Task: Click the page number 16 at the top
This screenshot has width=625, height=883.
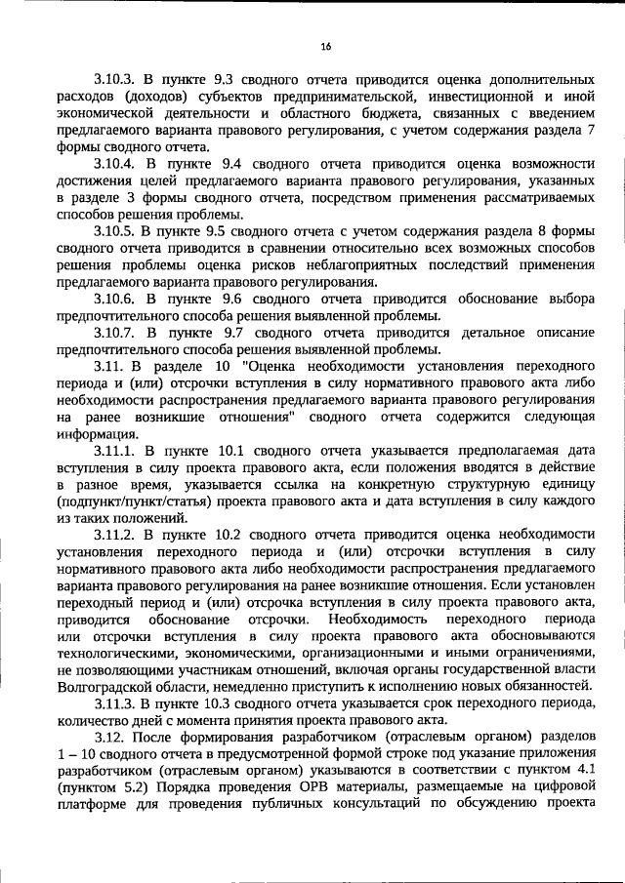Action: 326,46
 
